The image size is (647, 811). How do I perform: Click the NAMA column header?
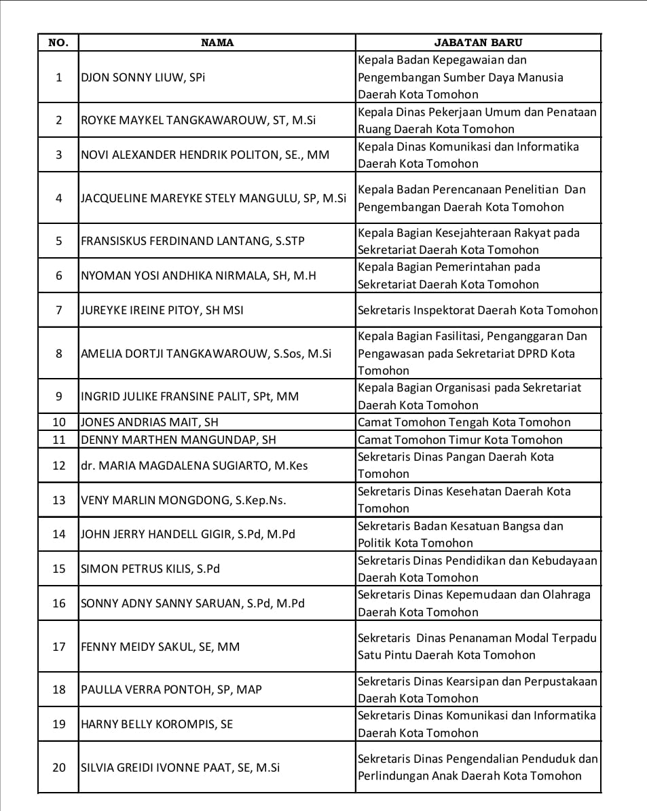[x=217, y=43]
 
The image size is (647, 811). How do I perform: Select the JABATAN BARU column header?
[x=478, y=43]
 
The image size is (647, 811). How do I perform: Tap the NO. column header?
[x=58, y=43]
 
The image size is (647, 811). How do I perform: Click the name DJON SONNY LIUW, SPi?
[x=143, y=77]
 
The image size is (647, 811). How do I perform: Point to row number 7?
[x=59, y=310]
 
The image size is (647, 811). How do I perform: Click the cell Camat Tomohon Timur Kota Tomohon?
[x=460, y=440]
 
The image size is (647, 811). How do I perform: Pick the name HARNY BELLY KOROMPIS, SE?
[x=157, y=724]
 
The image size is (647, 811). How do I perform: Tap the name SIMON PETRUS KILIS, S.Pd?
[x=151, y=569]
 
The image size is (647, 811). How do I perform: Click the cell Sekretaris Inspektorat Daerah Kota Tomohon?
[x=478, y=310]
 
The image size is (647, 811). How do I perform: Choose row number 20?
[x=59, y=768]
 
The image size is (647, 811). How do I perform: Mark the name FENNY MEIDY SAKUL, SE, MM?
[x=160, y=647]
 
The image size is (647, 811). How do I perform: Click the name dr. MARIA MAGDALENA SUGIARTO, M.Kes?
[x=194, y=466]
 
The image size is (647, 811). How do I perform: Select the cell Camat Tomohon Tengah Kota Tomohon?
[x=464, y=422]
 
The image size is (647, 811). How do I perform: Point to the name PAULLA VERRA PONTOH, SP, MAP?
[x=171, y=690]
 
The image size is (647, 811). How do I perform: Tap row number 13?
[x=59, y=500]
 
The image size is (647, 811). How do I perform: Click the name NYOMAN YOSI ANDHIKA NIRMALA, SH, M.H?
[x=198, y=276]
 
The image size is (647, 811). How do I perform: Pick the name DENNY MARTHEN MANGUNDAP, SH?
[x=179, y=440]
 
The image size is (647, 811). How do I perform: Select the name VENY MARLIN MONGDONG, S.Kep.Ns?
[x=183, y=500]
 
